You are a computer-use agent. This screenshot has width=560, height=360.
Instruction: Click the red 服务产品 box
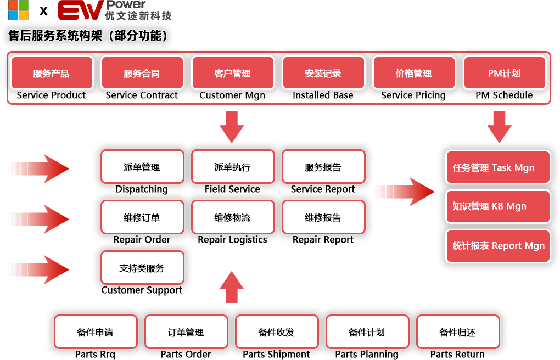pos(52,73)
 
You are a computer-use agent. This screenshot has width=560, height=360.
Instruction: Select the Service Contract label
pos(142,95)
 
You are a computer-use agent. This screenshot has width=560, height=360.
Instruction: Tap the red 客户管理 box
pos(233,73)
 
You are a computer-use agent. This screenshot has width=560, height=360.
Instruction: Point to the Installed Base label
pos(323,95)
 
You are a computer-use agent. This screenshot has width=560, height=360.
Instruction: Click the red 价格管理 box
pos(414,73)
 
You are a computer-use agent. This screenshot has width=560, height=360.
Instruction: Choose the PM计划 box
pos(505,73)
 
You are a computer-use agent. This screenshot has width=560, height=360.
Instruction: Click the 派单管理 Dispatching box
pos(142,167)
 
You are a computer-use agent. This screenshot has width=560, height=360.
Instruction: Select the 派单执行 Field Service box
pos(233,167)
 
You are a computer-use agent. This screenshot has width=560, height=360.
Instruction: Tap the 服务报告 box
pos(323,167)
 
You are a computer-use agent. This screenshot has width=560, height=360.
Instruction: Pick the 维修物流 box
pos(233,217)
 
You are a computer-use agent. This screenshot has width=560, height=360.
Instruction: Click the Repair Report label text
pos(323,240)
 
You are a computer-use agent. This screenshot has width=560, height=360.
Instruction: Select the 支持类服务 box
pos(142,267)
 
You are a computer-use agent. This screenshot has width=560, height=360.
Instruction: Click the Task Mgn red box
pos(498,167)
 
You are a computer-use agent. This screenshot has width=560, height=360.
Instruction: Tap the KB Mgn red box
pos(498,206)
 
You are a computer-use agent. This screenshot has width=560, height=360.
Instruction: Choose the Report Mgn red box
pos(498,246)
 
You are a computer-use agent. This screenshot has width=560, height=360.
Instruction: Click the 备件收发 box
pos(277,332)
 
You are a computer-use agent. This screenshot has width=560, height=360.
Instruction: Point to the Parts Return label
pos(457,355)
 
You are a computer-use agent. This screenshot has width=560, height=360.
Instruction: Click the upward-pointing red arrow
pos(232,287)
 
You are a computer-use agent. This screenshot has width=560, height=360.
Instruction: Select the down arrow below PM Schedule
pos(499,127)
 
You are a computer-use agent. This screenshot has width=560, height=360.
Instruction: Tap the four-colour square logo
pos(18,10)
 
